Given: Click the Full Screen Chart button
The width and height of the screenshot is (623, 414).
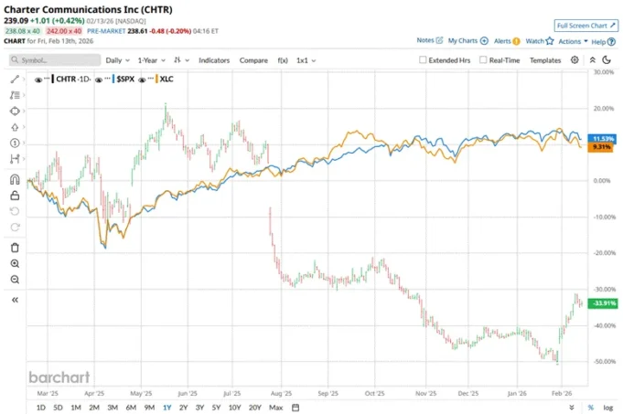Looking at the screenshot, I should [586, 26].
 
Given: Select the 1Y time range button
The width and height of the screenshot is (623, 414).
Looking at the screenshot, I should [166, 407].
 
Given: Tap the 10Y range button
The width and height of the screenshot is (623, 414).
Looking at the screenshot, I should [235, 407].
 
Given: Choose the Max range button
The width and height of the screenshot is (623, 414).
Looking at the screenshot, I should [276, 407].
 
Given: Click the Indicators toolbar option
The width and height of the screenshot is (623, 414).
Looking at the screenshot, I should [214, 60].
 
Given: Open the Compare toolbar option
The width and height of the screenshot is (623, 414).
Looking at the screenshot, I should [253, 60].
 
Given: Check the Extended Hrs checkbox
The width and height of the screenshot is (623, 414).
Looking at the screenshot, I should [422, 60].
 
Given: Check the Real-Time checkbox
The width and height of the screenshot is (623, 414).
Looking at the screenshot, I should [482, 60].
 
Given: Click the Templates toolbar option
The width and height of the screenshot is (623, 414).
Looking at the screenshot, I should [545, 60].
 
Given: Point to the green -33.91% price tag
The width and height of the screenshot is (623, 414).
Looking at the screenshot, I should [604, 303].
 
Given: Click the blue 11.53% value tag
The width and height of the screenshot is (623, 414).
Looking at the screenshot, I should [604, 138].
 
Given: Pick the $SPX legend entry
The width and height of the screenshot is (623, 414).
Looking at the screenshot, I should [125, 80].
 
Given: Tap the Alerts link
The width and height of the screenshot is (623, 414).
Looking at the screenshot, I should [502, 41].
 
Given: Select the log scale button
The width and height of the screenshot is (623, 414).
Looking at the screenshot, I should [607, 407].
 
